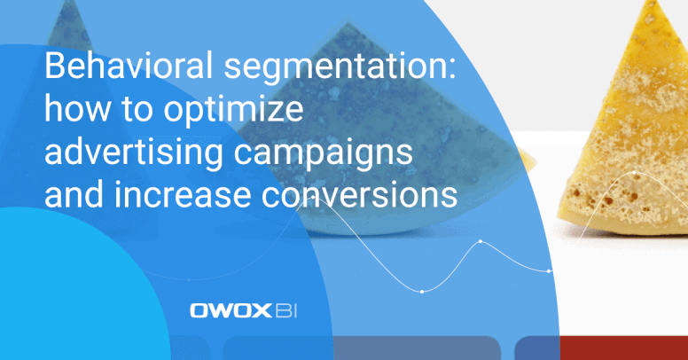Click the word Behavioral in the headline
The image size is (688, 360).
coord(129,65)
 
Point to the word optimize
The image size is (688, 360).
coord(233,111)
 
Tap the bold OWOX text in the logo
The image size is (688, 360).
coord(231,311)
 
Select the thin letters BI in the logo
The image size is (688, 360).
coord(286,311)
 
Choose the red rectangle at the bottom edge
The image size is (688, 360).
coord(624,348)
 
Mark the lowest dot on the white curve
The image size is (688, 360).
coord(422,292)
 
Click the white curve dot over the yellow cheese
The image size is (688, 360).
coord(635,173)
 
